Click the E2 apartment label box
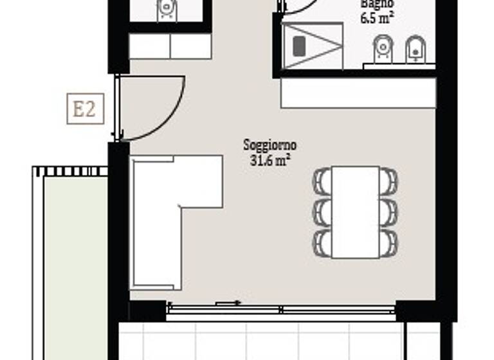[85, 109]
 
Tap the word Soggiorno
[270, 145]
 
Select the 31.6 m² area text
[270, 161]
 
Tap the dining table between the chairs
[356, 212]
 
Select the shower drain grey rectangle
[299, 46]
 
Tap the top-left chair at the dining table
[322, 181]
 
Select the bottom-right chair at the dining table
[389, 242]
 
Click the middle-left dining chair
[322, 212]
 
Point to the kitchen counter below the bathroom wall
[358, 93]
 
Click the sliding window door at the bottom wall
[281, 310]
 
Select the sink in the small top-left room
[167, 8]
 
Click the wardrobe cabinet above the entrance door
[170, 46]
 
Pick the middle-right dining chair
[389, 212]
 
